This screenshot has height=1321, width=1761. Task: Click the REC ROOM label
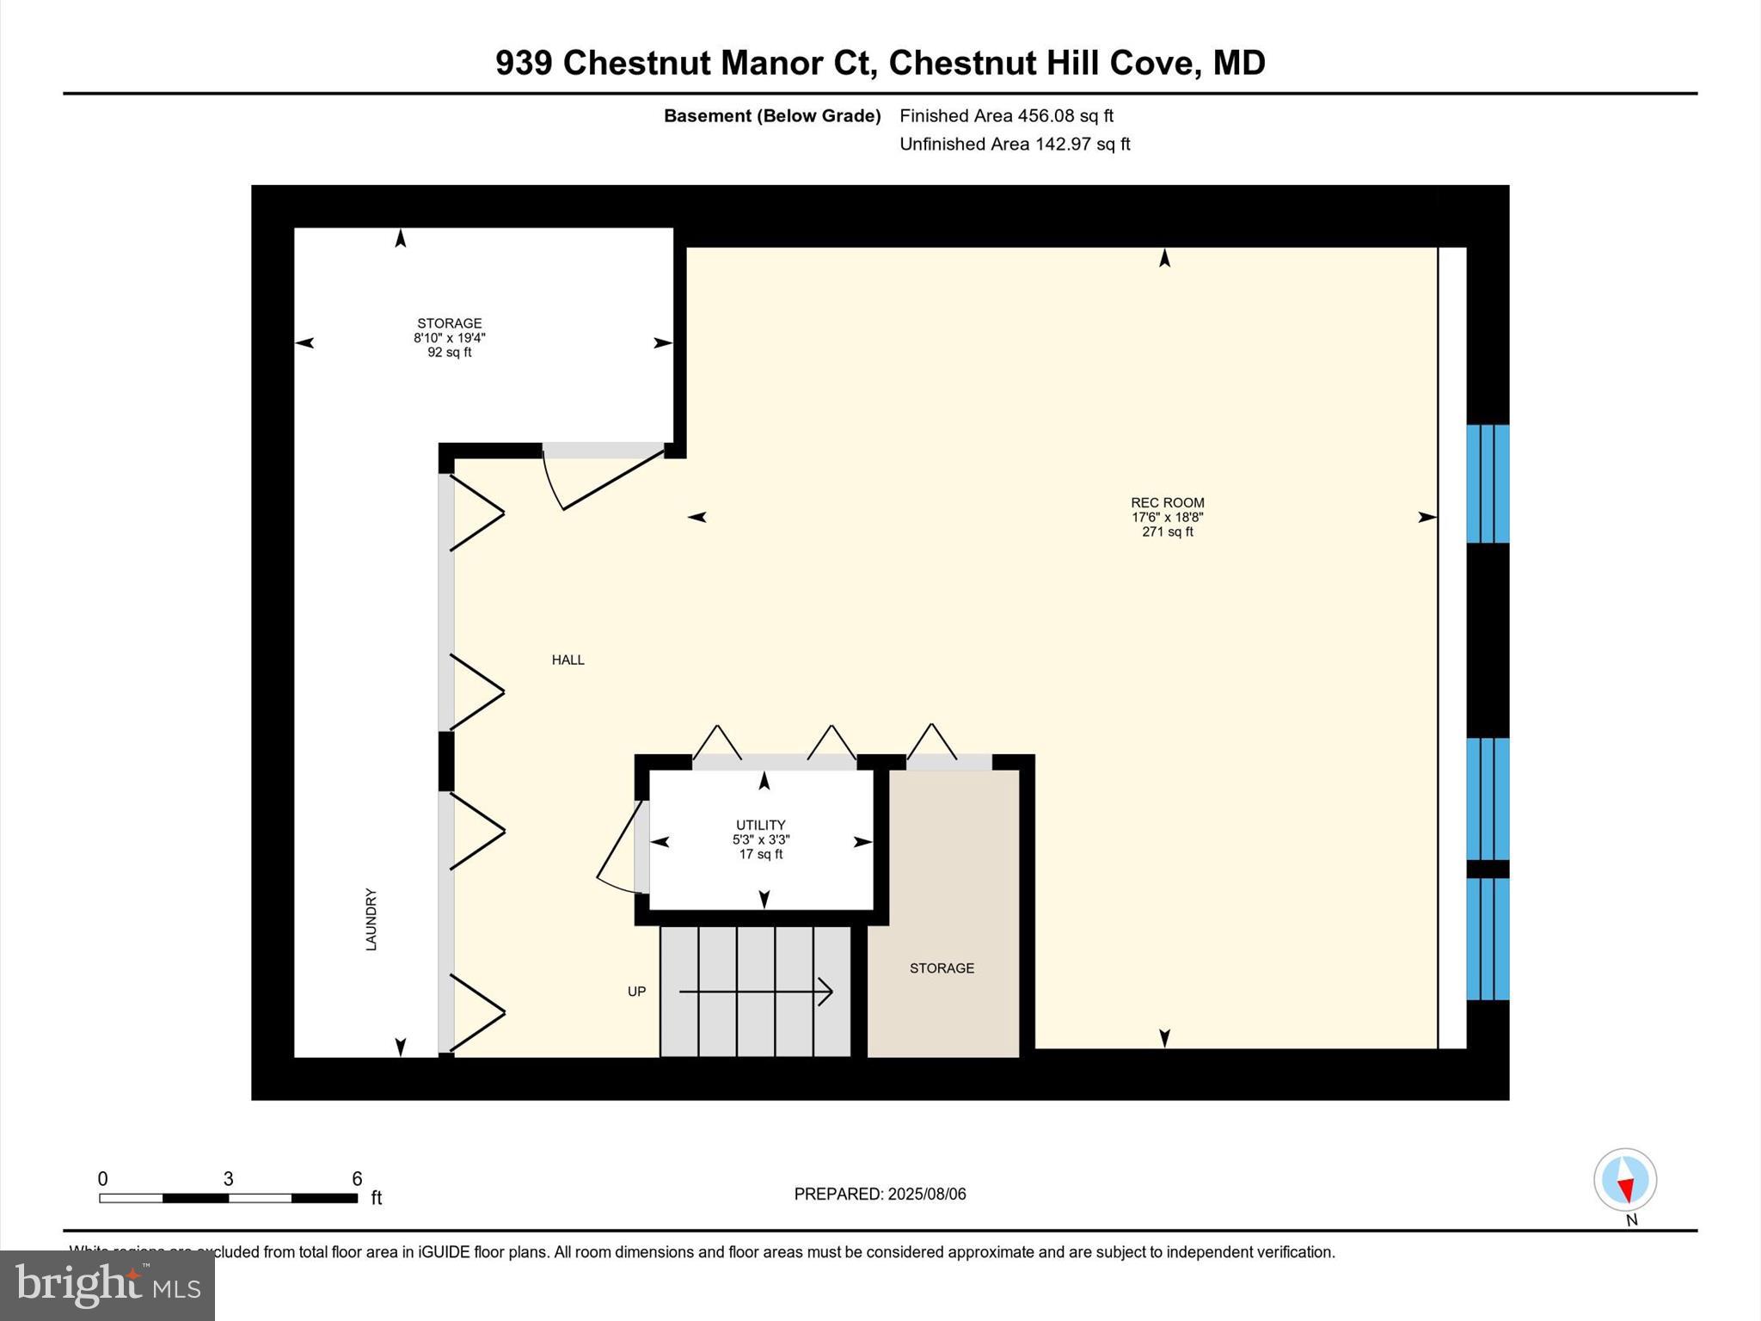click(1167, 503)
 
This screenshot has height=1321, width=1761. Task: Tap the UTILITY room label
click(760, 825)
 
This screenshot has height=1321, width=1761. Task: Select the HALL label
click(568, 660)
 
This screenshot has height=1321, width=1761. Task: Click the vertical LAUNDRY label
click(371, 919)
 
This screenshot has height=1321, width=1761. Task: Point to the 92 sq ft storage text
click(449, 353)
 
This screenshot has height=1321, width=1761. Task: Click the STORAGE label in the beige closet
click(942, 968)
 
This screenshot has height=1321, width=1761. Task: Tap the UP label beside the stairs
click(636, 992)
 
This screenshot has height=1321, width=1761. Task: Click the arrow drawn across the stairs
click(756, 992)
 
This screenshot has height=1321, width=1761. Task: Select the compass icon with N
click(1624, 1180)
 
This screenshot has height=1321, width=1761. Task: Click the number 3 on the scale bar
click(228, 1179)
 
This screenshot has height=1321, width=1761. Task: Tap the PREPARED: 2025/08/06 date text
click(880, 1194)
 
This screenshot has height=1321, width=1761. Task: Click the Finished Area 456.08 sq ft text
click(1006, 115)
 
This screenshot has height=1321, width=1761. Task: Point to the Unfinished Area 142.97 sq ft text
click(1015, 144)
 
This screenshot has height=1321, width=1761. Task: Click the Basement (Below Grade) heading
click(771, 115)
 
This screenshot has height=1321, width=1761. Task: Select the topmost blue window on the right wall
click(1488, 483)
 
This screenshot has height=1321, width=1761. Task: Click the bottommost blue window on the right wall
click(1488, 938)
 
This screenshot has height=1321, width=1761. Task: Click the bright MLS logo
click(107, 1285)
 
